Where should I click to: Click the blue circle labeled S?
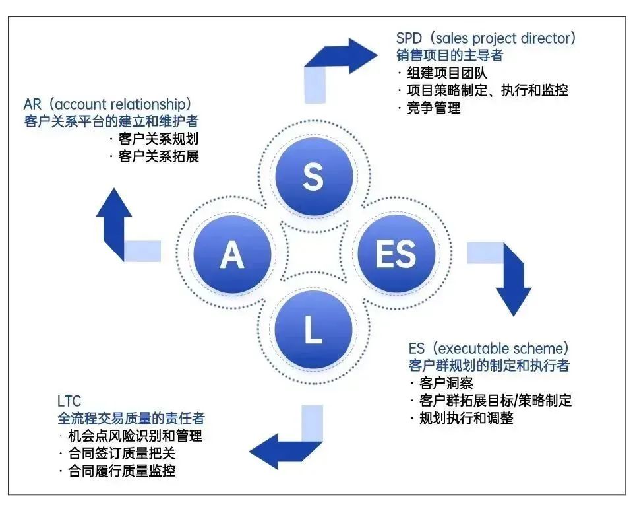click(313, 176)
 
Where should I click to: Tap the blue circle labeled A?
click(231, 253)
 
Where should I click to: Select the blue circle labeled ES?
click(396, 253)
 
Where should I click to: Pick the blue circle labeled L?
click(313, 329)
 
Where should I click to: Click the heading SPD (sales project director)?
click(485, 38)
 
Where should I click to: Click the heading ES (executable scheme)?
click(488, 348)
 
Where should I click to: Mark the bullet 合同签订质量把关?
click(121, 453)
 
